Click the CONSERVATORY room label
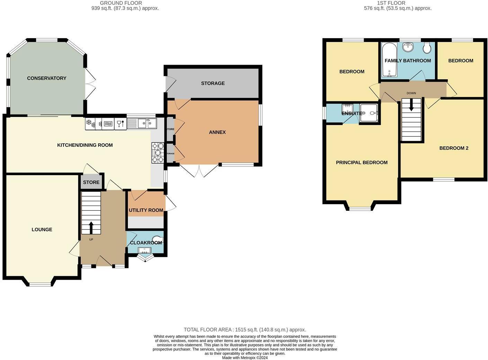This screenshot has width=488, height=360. [x=47, y=78]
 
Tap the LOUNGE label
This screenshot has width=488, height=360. [x=42, y=229]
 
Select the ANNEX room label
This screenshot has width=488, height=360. [x=218, y=132]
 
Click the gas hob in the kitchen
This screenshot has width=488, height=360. [x=158, y=153]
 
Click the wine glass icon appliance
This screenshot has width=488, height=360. [x=121, y=124]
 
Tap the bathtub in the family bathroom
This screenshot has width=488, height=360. [x=389, y=60]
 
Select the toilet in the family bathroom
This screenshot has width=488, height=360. [x=427, y=48]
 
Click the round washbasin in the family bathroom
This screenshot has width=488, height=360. [x=408, y=47]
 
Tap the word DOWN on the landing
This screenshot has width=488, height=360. [x=411, y=93]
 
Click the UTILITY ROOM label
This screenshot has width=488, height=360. [x=146, y=210]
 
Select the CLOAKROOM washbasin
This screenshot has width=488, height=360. [x=144, y=251]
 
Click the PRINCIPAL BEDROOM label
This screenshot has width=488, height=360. [x=362, y=162]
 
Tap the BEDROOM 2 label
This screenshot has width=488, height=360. [x=454, y=148]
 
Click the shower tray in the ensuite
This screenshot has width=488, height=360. [x=369, y=113]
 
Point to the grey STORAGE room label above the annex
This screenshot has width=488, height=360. [x=213, y=83]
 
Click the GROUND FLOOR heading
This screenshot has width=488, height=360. [x=121, y=3]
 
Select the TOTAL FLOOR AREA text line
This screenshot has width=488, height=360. [x=245, y=330]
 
